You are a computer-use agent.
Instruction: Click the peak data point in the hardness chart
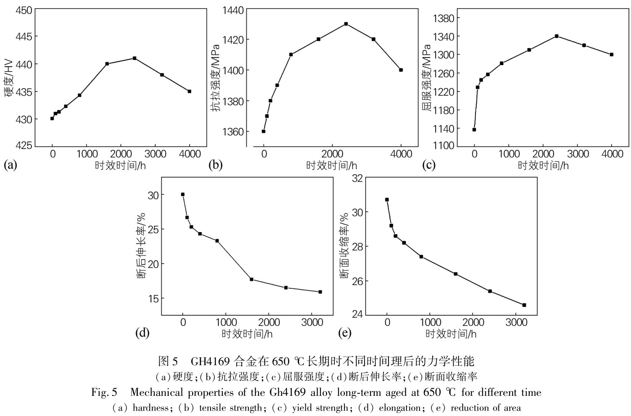coord(134,58)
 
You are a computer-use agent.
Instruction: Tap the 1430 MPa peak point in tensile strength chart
coord(346,24)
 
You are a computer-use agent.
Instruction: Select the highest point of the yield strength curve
coord(557,36)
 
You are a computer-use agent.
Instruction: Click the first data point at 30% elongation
coord(183,194)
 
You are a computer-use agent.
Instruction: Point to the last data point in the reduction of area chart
coord(524,305)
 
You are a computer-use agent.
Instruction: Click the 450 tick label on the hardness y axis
coord(23,10)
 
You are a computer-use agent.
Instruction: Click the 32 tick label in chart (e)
coord(357,178)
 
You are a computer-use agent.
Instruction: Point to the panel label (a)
coord(10,165)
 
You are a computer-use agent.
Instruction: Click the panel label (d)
coord(143,333)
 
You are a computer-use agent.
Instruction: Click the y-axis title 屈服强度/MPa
coord(427,77)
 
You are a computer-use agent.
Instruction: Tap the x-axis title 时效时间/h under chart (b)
coord(331,165)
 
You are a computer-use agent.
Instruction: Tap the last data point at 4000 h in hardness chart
coord(189,91)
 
